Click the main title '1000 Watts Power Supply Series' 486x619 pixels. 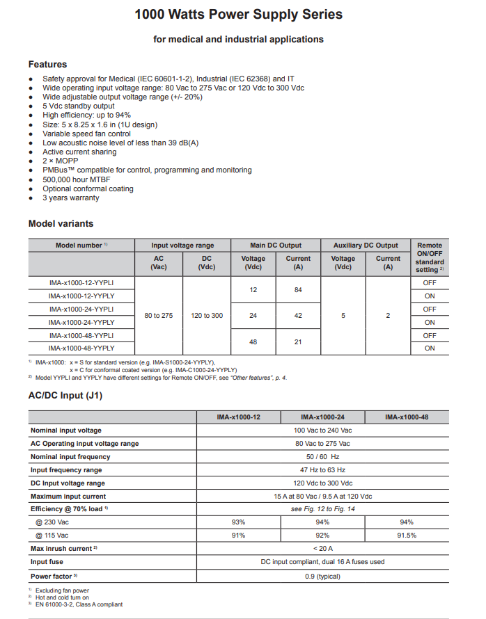238,15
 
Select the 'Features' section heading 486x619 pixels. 47,64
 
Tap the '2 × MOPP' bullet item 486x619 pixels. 60,161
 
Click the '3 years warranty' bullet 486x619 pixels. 70,198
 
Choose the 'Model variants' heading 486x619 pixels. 61,223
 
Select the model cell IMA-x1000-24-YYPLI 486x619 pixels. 81,309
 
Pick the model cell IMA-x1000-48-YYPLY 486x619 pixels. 81,348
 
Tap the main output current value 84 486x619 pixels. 298,289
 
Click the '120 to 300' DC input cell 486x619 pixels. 207,316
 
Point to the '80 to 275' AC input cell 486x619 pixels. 159,316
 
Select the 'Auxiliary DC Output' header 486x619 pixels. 366,246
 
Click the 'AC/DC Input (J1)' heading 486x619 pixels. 65,396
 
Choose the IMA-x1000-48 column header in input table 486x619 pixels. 407,417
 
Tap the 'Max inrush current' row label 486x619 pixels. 63,549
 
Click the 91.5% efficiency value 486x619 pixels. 407,536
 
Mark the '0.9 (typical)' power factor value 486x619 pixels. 322,575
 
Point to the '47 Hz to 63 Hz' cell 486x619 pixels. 322,470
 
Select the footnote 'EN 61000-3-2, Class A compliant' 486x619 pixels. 79,604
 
